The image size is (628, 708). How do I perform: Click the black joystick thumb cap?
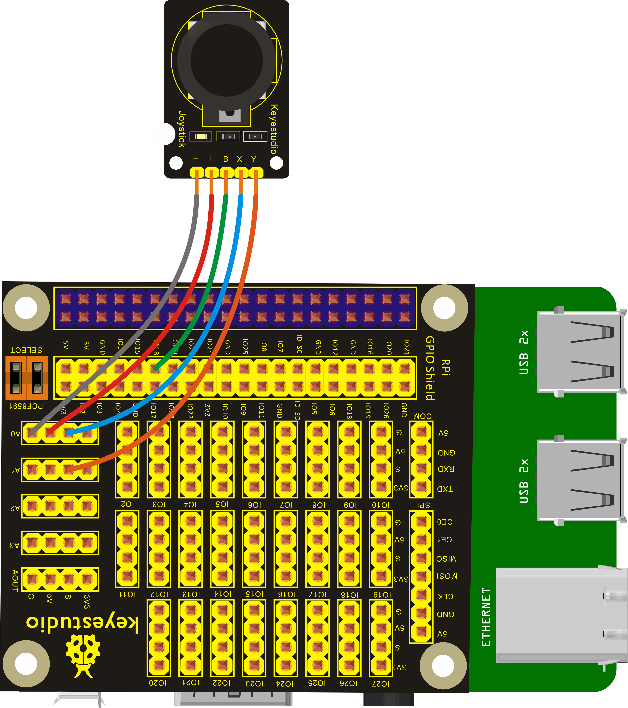pyautogui.click(x=227, y=60)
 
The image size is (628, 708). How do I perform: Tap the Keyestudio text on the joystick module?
pyautogui.click(x=273, y=129)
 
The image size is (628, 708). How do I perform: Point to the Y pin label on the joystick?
pyautogui.click(x=254, y=159)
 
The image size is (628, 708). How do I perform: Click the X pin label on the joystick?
pyautogui.click(x=239, y=159)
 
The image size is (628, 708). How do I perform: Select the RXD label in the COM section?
pyautogui.click(x=446, y=469)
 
